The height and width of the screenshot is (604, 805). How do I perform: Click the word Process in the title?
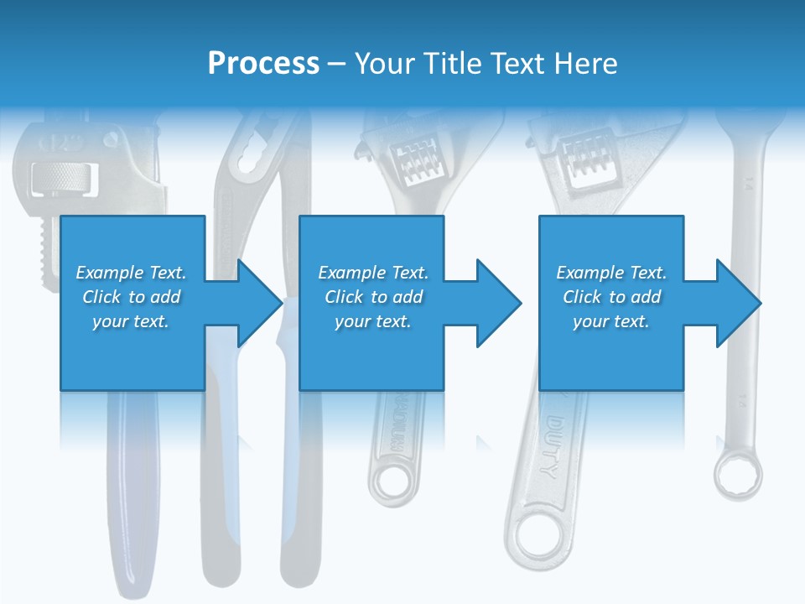(x=263, y=63)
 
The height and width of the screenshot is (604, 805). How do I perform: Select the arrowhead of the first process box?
(x=259, y=303)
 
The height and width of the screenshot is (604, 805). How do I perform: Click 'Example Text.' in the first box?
(x=131, y=273)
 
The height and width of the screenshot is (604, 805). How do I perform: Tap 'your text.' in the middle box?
(x=372, y=321)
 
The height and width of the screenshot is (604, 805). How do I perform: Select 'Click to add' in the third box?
(x=611, y=297)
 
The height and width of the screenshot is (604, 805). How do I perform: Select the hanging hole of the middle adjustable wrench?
(x=389, y=483)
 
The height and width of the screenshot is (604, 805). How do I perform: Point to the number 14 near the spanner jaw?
(x=747, y=180)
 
